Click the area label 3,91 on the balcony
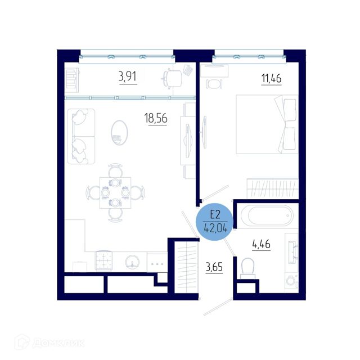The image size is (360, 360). (128, 76)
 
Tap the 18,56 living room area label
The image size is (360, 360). (156, 118)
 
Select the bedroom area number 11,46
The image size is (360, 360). (271, 79)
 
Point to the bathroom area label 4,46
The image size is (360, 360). (261, 244)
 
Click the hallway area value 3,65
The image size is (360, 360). (214, 267)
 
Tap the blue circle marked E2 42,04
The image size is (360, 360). (215, 222)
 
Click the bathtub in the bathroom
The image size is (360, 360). (267, 215)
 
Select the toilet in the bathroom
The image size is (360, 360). (247, 268)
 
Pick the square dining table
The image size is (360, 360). (115, 193)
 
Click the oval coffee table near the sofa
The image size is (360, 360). (119, 133)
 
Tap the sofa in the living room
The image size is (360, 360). (81, 136)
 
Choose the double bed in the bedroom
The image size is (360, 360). (267, 124)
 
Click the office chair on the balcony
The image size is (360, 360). (172, 78)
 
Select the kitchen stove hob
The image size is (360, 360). (103, 260)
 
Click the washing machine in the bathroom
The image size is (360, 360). (291, 281)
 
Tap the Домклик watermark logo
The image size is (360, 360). (49, 343)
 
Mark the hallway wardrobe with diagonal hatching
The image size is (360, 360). (186, 267)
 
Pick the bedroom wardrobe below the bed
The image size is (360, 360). (273, 188)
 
